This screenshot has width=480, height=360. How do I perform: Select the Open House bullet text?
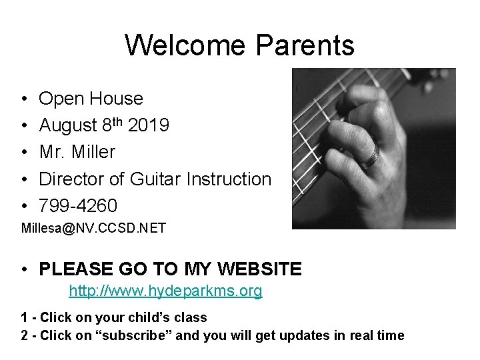click(91, 99)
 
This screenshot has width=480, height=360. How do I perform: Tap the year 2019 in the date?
click(149, 125)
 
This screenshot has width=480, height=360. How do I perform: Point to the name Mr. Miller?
click(77, 152)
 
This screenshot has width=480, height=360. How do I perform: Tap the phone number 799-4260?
click(78, 205)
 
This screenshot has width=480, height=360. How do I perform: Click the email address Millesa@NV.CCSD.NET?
click(93, 229)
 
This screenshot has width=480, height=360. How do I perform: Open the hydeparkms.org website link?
click(165, 291)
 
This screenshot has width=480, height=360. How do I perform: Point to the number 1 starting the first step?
click(25, 318)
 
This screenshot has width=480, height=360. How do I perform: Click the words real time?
click(377, 335)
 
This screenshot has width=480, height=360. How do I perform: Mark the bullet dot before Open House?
click(24, 99)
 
